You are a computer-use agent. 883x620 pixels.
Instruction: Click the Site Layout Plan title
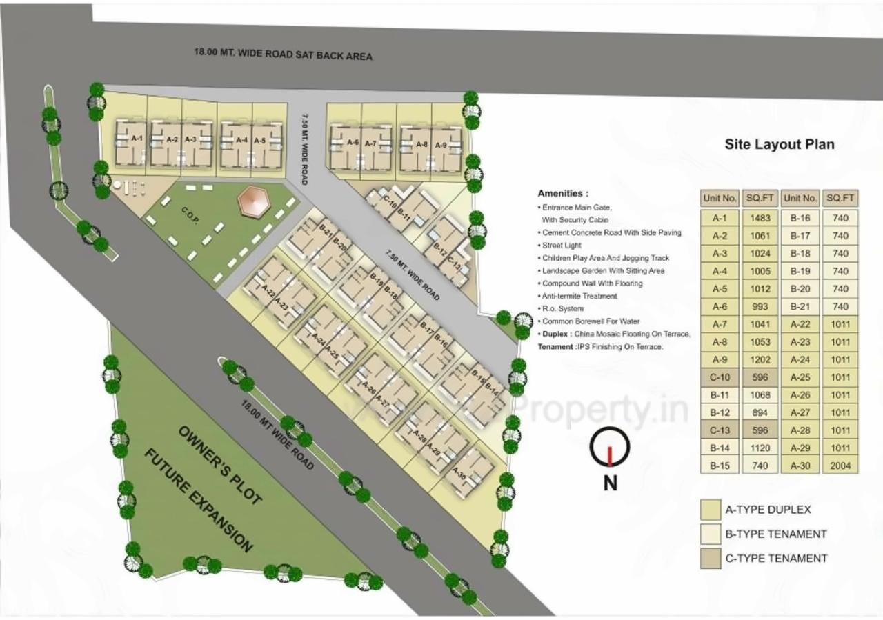[779, 144]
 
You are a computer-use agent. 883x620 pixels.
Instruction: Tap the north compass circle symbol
[610, 448]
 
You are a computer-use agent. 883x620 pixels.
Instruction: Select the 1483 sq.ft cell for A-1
[760, 218]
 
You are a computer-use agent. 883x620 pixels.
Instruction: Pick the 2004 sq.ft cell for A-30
[840, 466]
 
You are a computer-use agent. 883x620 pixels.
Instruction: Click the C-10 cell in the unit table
[720, 377]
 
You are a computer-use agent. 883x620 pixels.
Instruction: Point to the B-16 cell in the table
[800, 218]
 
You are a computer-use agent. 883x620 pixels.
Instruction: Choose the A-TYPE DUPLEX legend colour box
[710, 510]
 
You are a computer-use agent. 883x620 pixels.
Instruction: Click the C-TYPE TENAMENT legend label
[776, 558]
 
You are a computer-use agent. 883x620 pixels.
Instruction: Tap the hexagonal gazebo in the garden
[251, 201]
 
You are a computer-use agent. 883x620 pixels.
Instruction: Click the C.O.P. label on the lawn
[190, 214]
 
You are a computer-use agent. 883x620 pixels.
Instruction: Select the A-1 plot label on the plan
[137, 139]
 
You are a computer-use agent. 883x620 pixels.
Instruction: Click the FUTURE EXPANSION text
[197, 499]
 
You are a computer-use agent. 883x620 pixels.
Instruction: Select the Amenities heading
[563, 194]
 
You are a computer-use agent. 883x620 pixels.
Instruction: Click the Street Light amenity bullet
[562, 246]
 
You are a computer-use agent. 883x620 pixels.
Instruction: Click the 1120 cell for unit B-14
[760, 448]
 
